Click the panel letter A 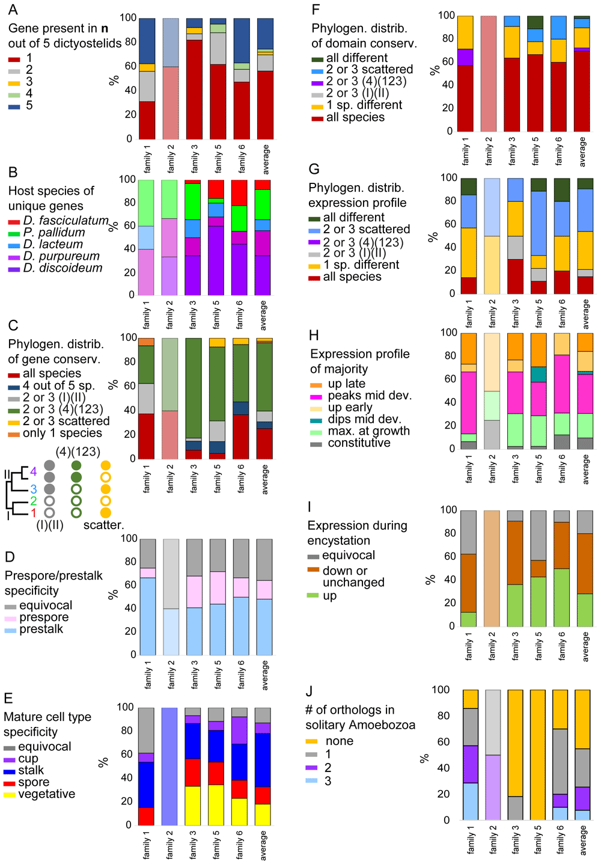tap(13, 9)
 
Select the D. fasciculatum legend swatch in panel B tap(14, 222)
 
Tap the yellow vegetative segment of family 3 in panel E tap(193, 806)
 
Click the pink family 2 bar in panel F tap(489, 73)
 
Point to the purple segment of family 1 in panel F tap(465, 57)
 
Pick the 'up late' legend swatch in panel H tap(316, 385)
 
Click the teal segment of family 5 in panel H tap(538, 375)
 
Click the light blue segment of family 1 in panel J tap(471, 801)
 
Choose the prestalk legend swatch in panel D tap(10, 631)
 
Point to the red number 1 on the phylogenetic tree tap(33, 513)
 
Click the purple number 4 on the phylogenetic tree tap(33, 472)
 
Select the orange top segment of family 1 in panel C tap(146, 342)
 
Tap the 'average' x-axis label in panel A tap(265, 159)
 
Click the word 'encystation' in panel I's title tap(338, 541)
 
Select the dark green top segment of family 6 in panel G tap(562, 190)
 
